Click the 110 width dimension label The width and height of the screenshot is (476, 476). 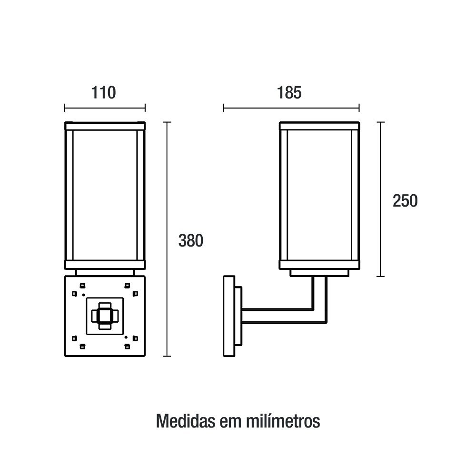[103, 93]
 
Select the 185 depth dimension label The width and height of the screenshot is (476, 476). [289, 93]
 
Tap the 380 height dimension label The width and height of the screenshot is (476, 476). [191, 240]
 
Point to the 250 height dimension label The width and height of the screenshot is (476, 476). [405, 201]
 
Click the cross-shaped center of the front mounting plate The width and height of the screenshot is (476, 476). [105, 316]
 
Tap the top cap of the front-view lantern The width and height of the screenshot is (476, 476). [105, 126]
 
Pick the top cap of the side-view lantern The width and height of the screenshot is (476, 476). [319, 126]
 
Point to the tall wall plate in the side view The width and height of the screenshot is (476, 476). [229, 316]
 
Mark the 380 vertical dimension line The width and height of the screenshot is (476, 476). [167, 239]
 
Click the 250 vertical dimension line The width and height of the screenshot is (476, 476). [381, 199]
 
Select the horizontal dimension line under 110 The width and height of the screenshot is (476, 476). [105, 108]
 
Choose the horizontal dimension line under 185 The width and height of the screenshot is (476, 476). [291, 108]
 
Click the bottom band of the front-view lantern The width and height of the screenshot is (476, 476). [105, 265]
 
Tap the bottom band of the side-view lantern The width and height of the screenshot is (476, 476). [319, 265]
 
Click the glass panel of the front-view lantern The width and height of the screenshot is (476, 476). [105, 195]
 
